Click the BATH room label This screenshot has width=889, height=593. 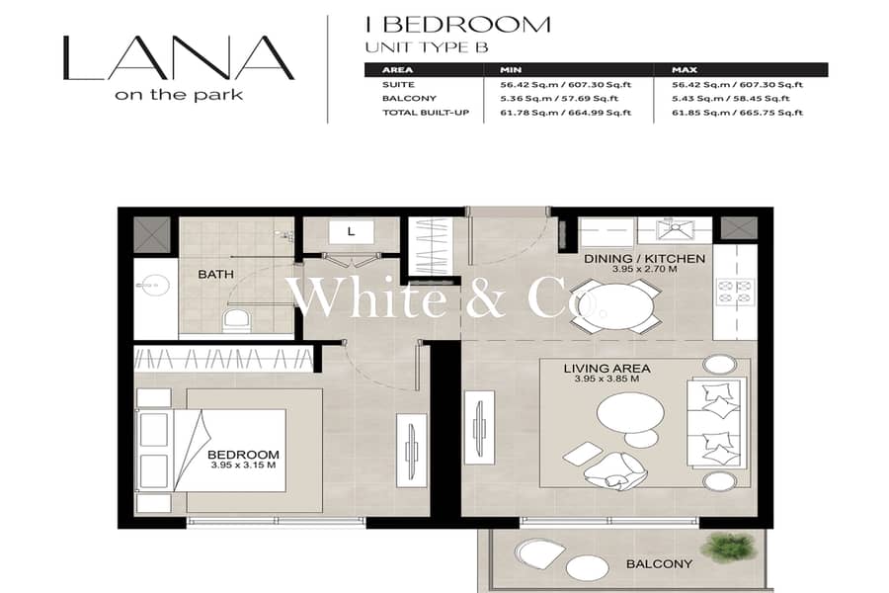click(215, 274)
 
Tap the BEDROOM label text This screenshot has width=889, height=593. click(243, 455)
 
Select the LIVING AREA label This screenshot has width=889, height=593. click(606, 369)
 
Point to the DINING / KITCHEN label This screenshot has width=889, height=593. click(645, 259)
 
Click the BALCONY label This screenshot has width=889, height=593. click(659, 563)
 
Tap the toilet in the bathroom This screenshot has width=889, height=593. click(236, 321)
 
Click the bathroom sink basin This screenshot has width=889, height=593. click(152, 285)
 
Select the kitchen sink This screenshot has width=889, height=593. click(675, 230)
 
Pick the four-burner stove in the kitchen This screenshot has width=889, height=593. click(735, 292)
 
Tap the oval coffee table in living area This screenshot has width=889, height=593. click(630, 411)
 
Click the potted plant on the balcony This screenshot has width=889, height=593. click(729, 547)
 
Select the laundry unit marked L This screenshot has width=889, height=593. click(351, 232)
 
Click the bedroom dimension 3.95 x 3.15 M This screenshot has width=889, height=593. click(243, 466)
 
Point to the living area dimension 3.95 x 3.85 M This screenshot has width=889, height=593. click(606, 379)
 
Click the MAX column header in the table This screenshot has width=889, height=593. click(685, 70)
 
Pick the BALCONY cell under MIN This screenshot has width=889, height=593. click(559, 98)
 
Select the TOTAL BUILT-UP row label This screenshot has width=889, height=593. click(426, 113)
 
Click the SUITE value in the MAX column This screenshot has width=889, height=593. click(737, 85)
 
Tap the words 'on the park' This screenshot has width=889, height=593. click(179, 95)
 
